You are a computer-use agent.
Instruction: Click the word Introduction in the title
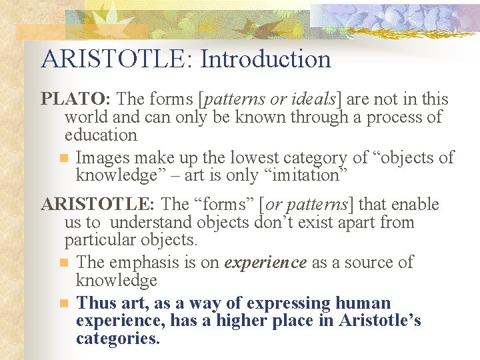click(x=265, y=59)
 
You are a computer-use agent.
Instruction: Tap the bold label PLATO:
click(x=76, y=99)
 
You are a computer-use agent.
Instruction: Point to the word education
click(x=100, y=135)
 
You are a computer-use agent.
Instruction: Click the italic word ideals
click(x=313, y=99)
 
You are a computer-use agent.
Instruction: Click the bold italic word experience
click(x=265, y=263)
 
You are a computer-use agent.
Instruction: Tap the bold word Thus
click(x=97, y=304)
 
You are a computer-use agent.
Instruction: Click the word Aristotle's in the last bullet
click(x=380, y=321)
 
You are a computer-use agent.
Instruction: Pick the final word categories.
click(x=118, y=339)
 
